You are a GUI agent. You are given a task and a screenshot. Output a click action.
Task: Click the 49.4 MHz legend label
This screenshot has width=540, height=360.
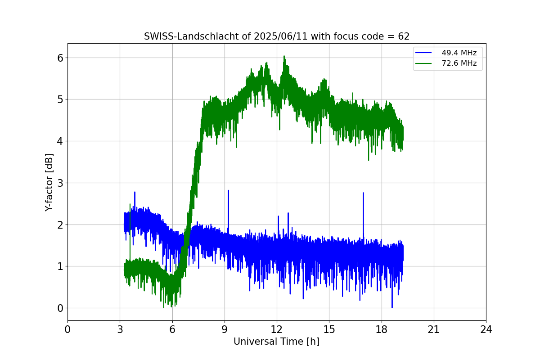(459, 53)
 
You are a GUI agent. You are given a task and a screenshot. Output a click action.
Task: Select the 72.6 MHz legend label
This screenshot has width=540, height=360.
(459, 63)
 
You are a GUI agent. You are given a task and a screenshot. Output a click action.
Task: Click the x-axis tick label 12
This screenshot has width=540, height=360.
(277, 329)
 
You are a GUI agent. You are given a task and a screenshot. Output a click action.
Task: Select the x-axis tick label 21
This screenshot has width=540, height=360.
(434, 329)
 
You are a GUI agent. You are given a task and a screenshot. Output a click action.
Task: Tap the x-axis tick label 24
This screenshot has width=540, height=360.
(486, 329)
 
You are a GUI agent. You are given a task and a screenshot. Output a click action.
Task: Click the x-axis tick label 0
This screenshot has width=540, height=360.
(67, 329)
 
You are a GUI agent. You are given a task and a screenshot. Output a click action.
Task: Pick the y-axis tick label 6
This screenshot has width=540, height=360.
(60, 58)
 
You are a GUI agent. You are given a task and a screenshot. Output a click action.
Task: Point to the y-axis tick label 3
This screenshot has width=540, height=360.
(60, 183)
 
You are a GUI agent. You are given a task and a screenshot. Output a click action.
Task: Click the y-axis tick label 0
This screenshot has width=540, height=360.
(60, 308)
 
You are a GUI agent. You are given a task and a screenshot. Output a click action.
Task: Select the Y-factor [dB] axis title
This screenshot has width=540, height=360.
(49, 182)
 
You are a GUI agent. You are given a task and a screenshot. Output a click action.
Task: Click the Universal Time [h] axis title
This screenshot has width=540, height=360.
(276, 342)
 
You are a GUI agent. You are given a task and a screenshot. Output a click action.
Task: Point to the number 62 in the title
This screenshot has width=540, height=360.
(404, 36)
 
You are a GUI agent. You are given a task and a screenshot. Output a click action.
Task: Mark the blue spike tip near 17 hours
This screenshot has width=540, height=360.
(363, 193)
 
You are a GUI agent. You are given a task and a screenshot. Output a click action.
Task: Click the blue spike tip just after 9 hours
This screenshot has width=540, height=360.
(228, 190)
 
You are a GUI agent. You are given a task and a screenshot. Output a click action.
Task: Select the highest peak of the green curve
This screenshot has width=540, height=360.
(284, 56)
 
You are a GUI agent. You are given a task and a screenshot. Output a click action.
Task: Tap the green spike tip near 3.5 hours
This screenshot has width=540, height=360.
(130, 204)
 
